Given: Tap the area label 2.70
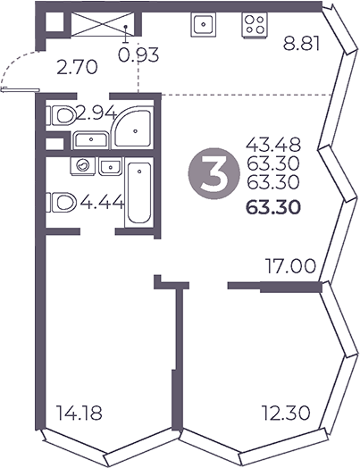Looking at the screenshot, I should pyautogui.click(x=74, y=65).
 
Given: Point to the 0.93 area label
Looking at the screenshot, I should pyautogui.click(x=138, y=56).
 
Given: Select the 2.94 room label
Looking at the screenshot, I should pyautogui.click(x=96, y=113).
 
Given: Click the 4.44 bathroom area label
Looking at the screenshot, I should pyautogui.click(x=100, y=203).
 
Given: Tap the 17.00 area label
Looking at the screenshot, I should pyautogui.click(x=289, y=265).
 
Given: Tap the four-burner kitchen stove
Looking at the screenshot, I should pyautogui.click(x=252, y=25).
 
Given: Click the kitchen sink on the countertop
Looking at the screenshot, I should pyautogui.click(x=198, y=25).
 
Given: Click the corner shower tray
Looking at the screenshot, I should pyautogui.click(x=131, y=129).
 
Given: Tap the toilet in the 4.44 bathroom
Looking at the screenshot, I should pyautogui.click(x=62, y=203).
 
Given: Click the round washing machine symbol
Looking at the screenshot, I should pyautogui.click(x=83, y=166).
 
